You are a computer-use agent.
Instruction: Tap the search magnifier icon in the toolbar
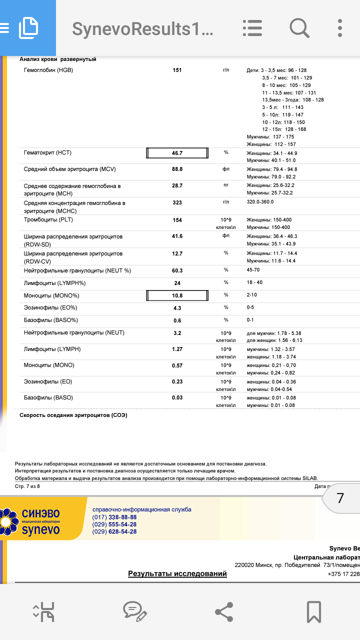[x=299, y=28]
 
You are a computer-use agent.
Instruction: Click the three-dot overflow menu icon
[x=340, y=28]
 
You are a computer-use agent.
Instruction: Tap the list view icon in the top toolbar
[x=252, y=28]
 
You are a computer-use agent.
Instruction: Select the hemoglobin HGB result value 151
[x=177, y=70]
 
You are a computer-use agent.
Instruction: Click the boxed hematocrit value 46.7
[x=177, y=153]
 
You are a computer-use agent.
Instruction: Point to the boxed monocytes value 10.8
[x=177, y=296]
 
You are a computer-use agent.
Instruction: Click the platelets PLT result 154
[x=177, y=220]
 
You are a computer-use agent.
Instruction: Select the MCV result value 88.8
[x=177, y=169]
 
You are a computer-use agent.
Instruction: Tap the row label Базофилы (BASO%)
[x=51, y=320]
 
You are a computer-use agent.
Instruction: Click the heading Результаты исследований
[x=177, y=573]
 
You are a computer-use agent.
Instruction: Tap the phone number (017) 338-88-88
[x=114, y=517]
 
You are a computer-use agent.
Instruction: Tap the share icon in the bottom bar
[x=223, y=611]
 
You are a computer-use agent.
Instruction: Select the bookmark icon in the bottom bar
[x=313, y=611]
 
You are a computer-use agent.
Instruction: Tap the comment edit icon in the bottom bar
[x=134, y=611]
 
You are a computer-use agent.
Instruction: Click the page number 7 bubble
[x=340, y=498]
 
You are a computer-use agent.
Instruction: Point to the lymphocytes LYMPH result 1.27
[x=177, y=349]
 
